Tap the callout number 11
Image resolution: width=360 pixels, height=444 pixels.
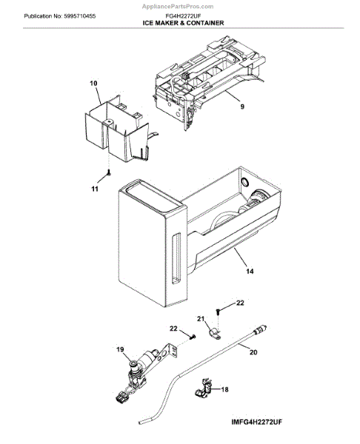coord(94,190)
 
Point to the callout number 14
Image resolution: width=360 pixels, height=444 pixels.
coord(250,272)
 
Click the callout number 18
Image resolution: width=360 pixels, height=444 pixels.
coord(224,388)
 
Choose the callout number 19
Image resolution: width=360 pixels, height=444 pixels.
coord(119,349)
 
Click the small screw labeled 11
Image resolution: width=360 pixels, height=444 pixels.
coord(108,172)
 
